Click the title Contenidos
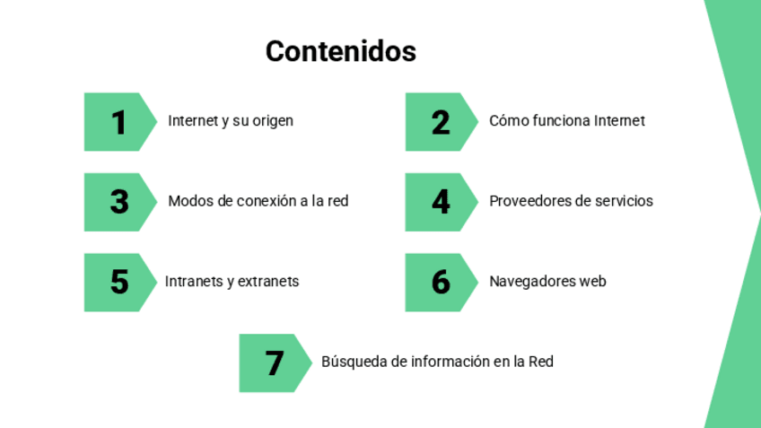(x=341, y=51)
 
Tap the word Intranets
(x=193, y=282)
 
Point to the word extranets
(x=268, y=282)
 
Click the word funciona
(x=556, y=120)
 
